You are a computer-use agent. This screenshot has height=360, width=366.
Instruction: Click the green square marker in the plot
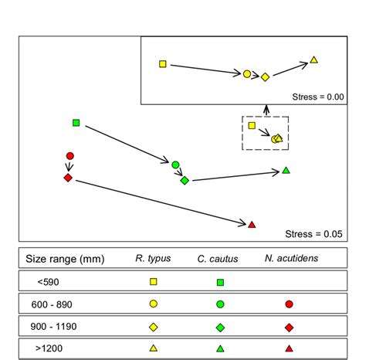point(76,123)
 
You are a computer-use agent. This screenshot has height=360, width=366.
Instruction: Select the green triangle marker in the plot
point(286,170)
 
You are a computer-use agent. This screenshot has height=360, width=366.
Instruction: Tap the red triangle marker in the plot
point(251,225)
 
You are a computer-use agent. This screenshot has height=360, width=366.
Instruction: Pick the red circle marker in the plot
point(69,156)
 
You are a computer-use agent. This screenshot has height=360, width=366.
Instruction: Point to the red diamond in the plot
point(68,178)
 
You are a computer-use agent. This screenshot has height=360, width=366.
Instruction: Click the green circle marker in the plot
point(175,165)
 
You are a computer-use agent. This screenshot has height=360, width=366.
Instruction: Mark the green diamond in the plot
point(185,181)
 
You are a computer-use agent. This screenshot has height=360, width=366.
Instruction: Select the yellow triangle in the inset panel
point(314,59)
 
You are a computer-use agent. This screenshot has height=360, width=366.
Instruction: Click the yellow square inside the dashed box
point(252,125)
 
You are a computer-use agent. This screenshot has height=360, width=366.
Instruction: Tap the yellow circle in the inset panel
point(247,74)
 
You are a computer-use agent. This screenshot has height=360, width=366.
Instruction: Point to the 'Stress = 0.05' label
point(312,233)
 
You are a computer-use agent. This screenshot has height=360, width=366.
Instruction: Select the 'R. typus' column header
point(153,258)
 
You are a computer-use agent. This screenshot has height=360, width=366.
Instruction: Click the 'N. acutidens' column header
point(289,258)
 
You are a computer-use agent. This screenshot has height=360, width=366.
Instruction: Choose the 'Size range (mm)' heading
point(65,258)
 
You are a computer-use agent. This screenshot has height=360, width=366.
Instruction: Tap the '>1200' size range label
point(50,348)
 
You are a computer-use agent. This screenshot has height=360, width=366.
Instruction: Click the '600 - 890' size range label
point(52,304)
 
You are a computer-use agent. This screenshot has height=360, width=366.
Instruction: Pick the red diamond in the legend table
point(289,327)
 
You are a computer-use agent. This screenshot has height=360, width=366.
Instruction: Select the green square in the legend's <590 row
point(221,282)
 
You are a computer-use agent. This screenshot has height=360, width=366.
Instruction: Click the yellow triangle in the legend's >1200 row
point(153,348)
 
